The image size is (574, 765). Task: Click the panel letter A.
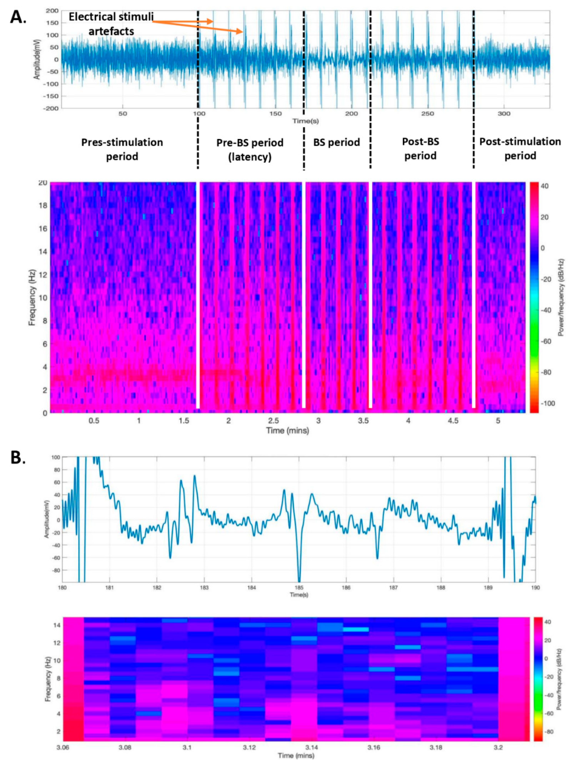[18, 17]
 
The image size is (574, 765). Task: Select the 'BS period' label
[336, 142]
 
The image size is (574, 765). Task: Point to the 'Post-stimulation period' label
[520, 149]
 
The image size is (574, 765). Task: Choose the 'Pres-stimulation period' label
[122, 149]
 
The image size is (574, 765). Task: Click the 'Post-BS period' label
[420, 149]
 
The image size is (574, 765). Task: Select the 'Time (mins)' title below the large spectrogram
[287, 431]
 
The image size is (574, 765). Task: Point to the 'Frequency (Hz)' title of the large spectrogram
[32, 297]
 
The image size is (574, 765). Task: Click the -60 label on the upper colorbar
[546, 341]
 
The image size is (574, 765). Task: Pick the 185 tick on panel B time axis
[299, 587]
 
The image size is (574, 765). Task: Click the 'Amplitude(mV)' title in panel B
[47, 519]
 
